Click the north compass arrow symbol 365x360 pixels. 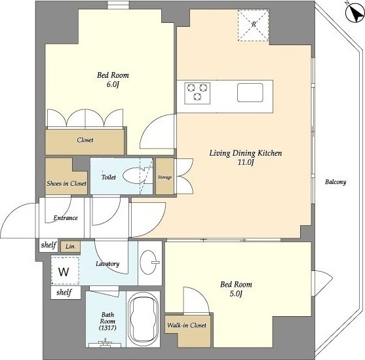click(355, 13)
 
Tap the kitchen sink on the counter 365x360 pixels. click(250, 92)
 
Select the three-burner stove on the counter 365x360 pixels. click(197, 93)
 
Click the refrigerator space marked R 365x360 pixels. click(254, 26)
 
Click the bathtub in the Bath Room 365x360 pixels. click(143, 319)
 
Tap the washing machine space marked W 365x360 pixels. click(65, 271)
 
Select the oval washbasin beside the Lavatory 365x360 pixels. click(149, 262)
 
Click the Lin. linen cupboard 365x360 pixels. click(70, 247)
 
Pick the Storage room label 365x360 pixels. click(165, 177)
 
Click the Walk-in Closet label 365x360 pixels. click(187, 325)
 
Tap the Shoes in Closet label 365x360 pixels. click(67, 183)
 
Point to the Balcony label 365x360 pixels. click(336, 182)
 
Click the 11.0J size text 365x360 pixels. click(245, 162)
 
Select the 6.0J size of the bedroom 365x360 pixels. click(113, 84)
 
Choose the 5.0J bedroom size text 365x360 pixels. click(236, 294)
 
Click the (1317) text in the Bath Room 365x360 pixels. click(107, 328)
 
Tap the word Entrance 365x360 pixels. click(66, 218)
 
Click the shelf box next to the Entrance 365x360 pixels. click(48, 245)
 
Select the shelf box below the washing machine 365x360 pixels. click(66, 293)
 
